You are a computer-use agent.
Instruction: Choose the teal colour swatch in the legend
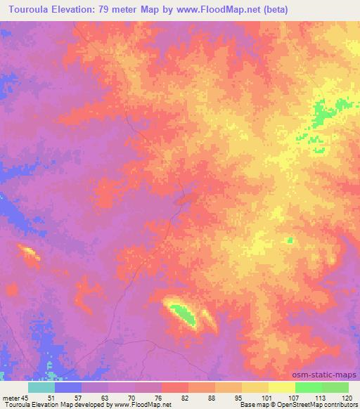pyautogui.click(x=41, y=387)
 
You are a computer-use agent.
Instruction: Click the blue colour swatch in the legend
pyautogui.click(x=68, y=387)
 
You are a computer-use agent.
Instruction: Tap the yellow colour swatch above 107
pyautogui.click(x=281, y=387)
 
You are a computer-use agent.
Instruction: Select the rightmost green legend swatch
pyautogui.click(x=335, y=387)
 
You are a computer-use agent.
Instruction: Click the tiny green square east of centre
pyautogui.click(x=289, y=241)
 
